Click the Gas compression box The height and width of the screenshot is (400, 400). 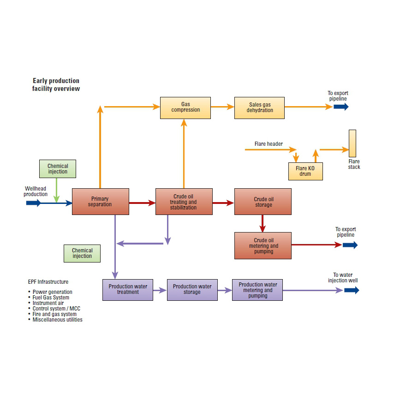(x=185, y=107)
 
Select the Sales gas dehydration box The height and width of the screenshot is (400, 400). (x=259, y=107)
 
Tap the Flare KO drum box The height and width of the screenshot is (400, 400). (x=305, y=171)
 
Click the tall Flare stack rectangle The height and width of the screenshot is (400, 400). (x=352, y=143)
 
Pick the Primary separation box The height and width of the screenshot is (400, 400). (x=100, y=202)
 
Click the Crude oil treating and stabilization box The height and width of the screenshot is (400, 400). (x=184, y=202)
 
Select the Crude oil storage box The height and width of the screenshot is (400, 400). (x=263, y=202)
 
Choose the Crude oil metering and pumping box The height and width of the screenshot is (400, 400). (x=263, y=245)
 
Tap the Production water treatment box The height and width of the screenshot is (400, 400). (x=127, y=290)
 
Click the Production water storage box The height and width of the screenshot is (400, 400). (x=192, y=290)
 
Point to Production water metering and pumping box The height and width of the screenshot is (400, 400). (x=257, y=290)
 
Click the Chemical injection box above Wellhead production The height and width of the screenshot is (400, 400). (x=58, y=169)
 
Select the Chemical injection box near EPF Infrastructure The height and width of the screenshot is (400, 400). (x=82, y=253)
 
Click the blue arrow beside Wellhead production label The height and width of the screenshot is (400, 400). (x=33, y=203)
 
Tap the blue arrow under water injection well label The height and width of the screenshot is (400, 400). (x=351, y=290)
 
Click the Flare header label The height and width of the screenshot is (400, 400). (x=269, y=144)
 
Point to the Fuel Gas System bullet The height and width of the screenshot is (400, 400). (x=51, y=298)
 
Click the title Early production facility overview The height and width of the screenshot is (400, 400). (x=56, y=84)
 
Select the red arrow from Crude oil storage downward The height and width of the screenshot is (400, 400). (x=263, y=223)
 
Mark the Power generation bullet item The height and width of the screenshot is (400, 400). (x=52, y=292)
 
